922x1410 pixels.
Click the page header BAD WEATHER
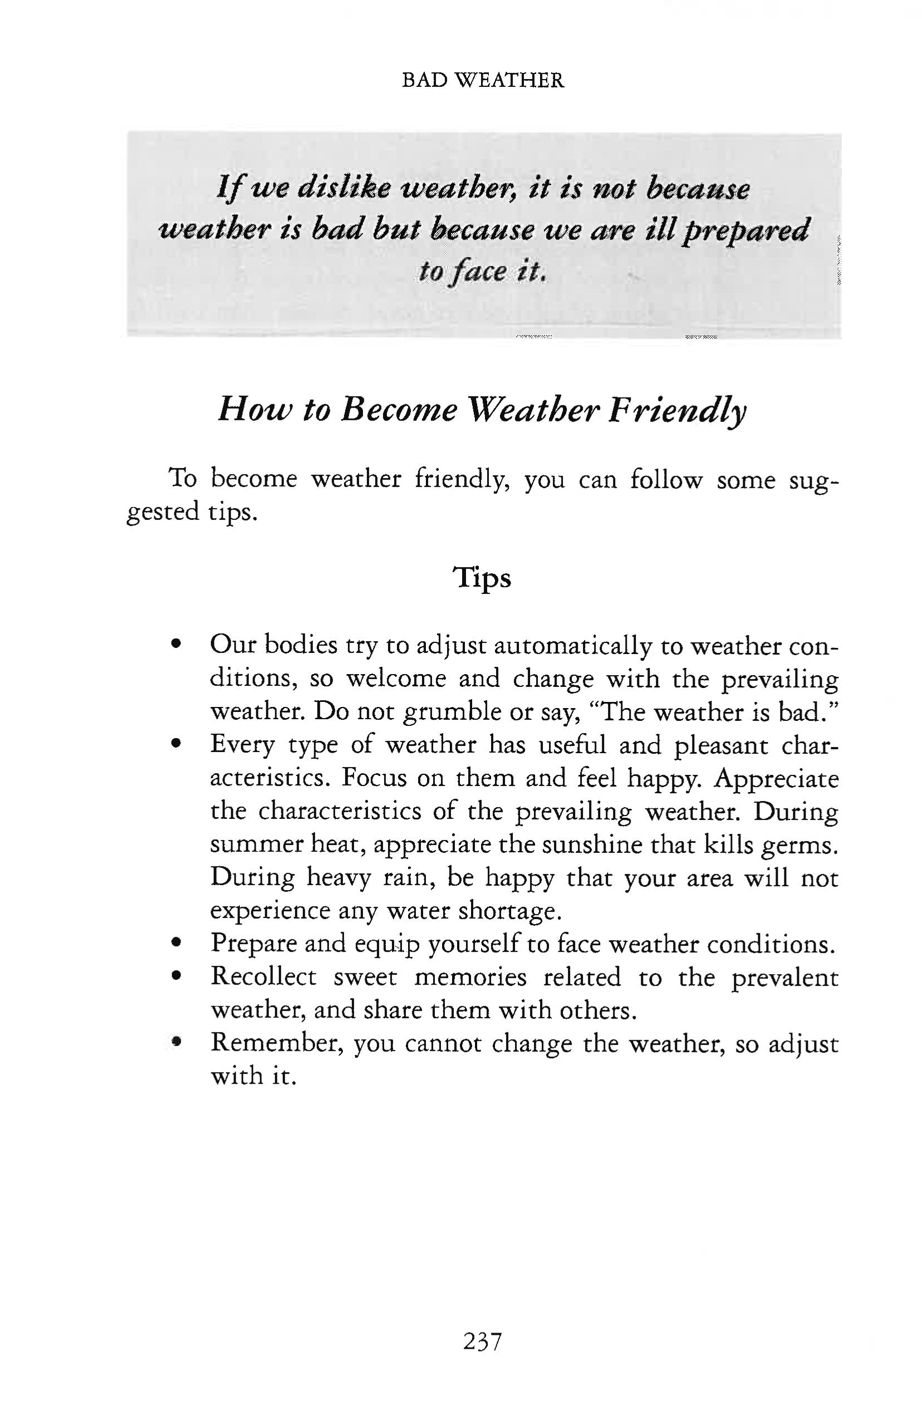(482, 80)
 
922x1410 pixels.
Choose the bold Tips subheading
(482, 579)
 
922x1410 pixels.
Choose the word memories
(470, 977)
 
